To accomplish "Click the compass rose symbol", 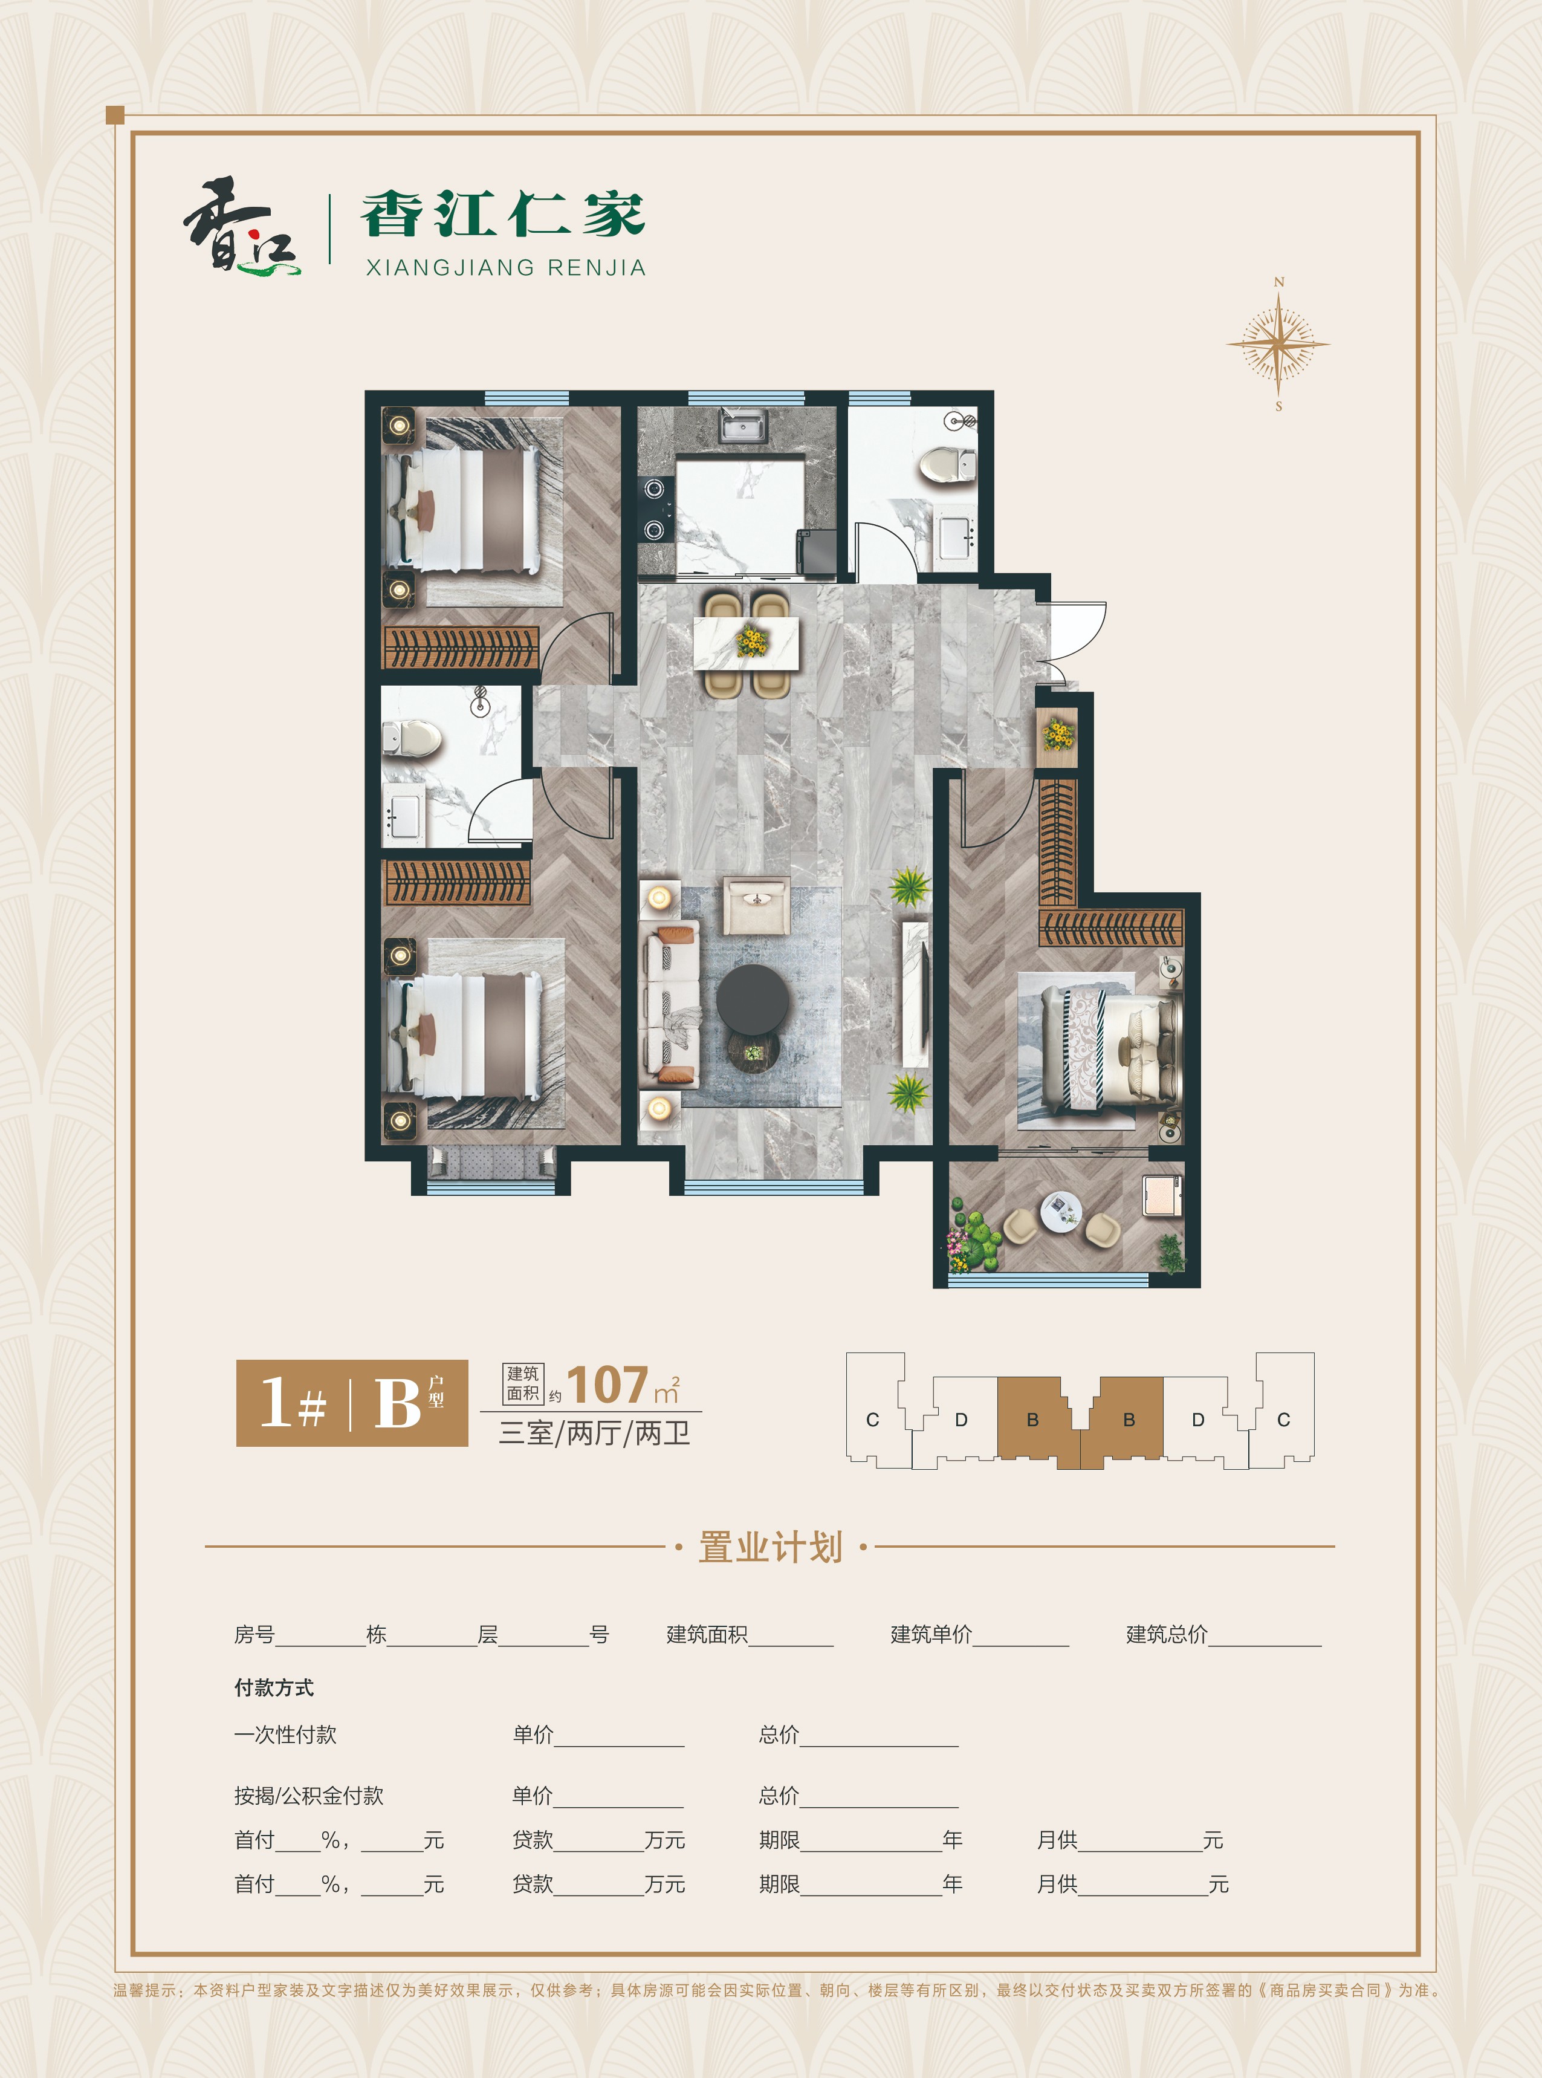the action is point(1278,343).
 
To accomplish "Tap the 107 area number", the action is point(607,1385).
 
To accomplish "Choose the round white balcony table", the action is point(1060,1212).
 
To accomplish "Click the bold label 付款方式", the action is point(273,1687).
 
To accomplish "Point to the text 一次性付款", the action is point(285,1735).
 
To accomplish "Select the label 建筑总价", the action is point(1167,1634).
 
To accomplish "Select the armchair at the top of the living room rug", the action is point(757,904).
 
